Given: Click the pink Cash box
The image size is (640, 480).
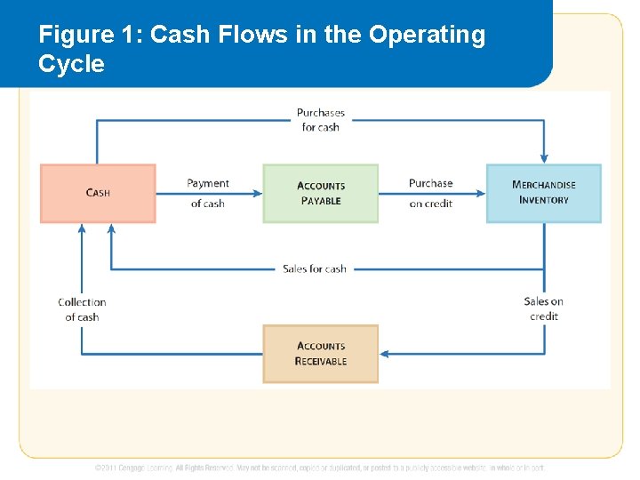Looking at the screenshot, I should pyautogui.click(x=98, y=193).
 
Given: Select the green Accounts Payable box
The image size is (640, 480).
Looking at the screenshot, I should pyautogui.click(x=320, y=193).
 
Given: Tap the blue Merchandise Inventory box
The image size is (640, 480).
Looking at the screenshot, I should pyautogui.click(x=543, y=193).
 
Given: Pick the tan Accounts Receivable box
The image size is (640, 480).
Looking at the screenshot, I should pyautogui.click(x=320, y=353).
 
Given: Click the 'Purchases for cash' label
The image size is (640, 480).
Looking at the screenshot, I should pyautogui.click(x=320, y=120).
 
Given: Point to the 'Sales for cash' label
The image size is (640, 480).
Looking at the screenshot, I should pyautogui.click(x=315, y=268).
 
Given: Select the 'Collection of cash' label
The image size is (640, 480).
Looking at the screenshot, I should pyautogui.click(x=82, y=309).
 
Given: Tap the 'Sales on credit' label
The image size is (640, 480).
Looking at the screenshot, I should pyautogui.click(x=543, y=308).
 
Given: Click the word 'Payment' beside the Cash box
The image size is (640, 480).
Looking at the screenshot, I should pyautogui.click(x=208, y=183).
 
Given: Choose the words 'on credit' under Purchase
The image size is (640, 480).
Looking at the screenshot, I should pyautogui.click(x=431, y=204).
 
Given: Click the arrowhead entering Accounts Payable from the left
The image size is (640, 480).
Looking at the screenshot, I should pyautogui.click(x=258, y=193).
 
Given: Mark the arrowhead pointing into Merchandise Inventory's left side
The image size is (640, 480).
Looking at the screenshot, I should pyautogui.click(x=481, y=193).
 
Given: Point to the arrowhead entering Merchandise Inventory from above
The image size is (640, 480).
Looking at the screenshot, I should pyautogui.click(x=543, y=159).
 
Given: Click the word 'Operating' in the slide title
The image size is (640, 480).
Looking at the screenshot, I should pyautogui.click(x=427, y=35).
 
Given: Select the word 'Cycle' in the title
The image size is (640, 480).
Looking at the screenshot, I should pyautogui.click(x=71, y=64).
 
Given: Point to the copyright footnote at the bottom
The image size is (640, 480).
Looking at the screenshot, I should pyautogui.click(x=320, y=468).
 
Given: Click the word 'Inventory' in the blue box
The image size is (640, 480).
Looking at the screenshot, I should pyautogui.click(x=543, y=200).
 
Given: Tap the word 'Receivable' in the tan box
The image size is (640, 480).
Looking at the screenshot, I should pyautogui.click(x=321, y=361).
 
